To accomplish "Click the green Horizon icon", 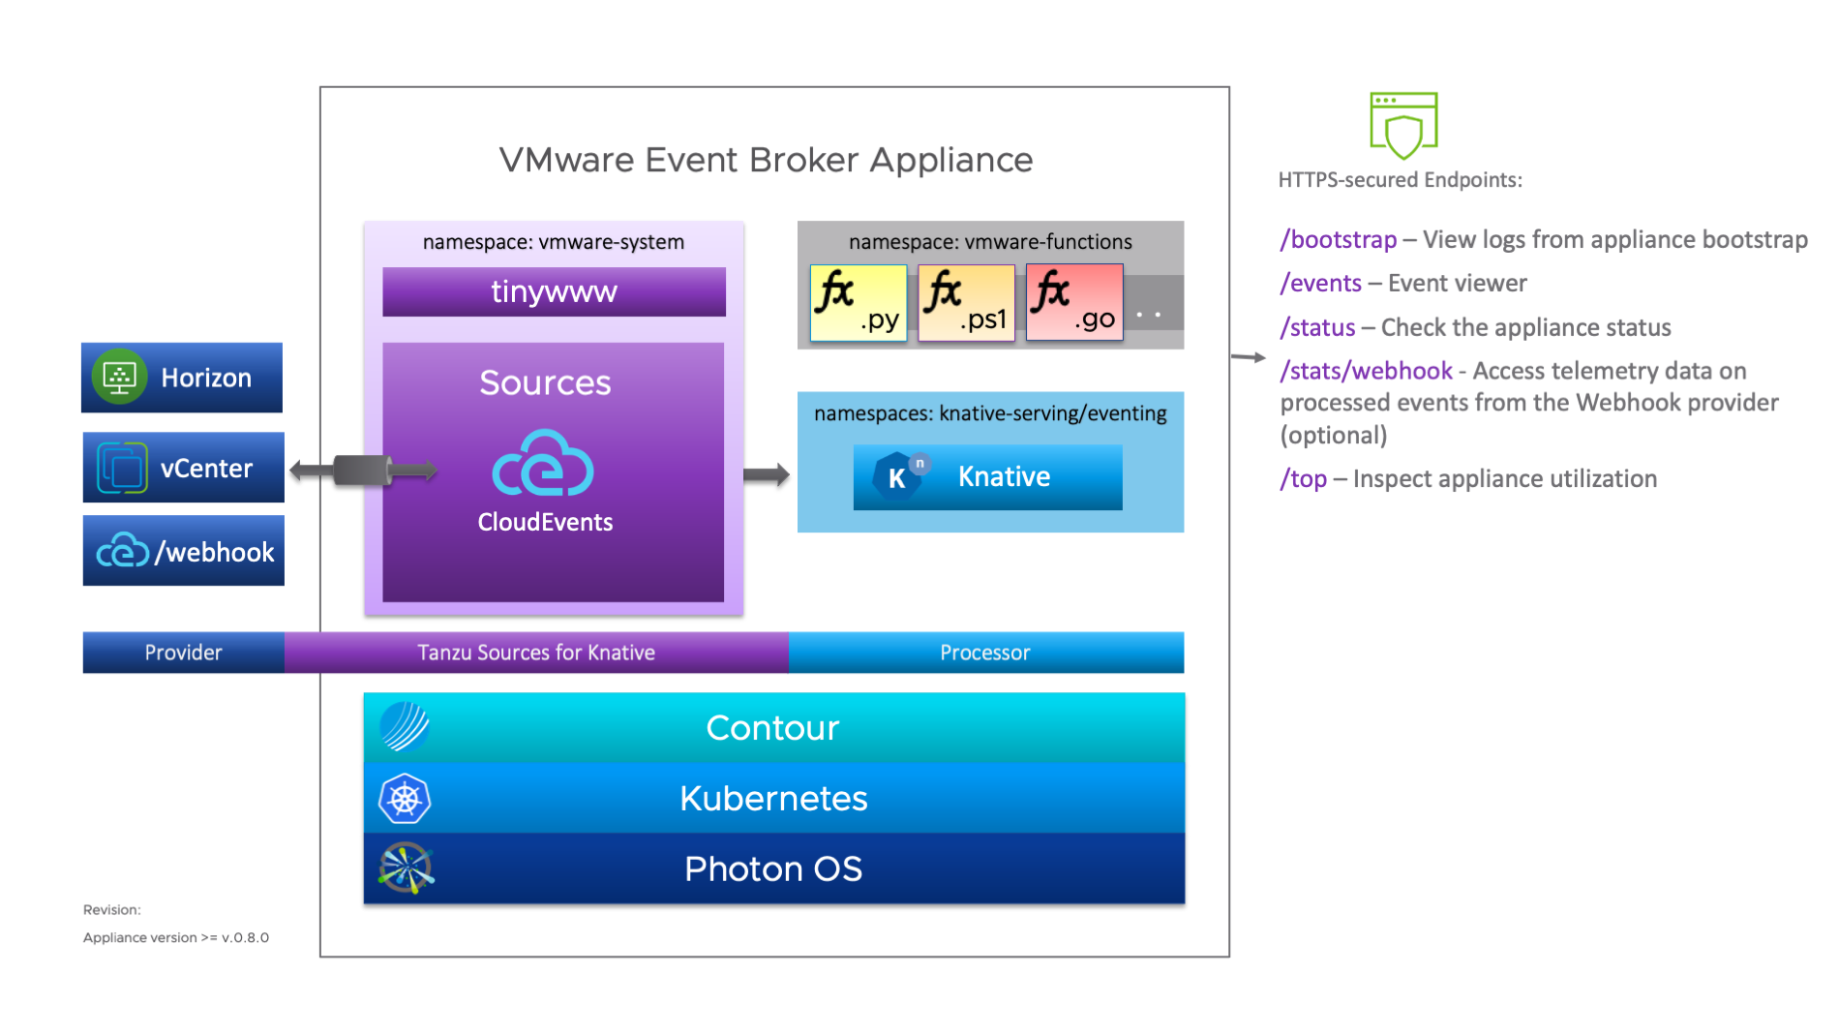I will pos(119,377).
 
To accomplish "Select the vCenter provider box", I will pos(184,468).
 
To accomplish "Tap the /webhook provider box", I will pos(184,551).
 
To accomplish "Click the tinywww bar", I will pos(554,291).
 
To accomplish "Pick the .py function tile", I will pos(859,303).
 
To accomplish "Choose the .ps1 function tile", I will pos(966,303).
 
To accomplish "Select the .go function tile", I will pos(1074,303).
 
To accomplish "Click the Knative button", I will pos(987,476).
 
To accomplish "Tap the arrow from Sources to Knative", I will pos(767,474).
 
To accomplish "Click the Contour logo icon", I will pos(405,727).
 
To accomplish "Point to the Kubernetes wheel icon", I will pos(405,799).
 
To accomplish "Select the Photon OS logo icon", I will pos(406,868).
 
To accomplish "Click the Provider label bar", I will pos(184,653).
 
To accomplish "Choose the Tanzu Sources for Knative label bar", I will pos(536,653).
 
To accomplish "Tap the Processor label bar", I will pos(985,653).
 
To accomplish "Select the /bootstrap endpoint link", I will pos(1339,239).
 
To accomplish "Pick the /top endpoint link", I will pos(1304,478).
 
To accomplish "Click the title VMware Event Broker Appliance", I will pos(766,160).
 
